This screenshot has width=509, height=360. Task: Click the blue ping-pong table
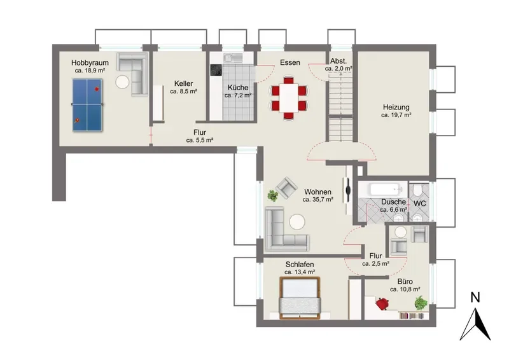[x=87, y=105]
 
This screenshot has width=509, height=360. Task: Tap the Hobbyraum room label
[x=90, y=63]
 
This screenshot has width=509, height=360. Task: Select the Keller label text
[x=183, y=83]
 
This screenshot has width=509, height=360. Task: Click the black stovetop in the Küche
[x=216, y=70]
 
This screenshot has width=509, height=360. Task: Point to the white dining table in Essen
[x=289, y=98]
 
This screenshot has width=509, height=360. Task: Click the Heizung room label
[x=396, y=107]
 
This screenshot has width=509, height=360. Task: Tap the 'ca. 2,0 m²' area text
[x=338, y=69]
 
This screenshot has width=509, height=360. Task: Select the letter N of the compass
[x=475, y=297]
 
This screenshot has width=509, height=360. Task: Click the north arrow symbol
[x=475, y=324]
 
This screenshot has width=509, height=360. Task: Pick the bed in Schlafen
[x=300, y=298]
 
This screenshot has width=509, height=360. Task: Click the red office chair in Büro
[x=383, y=304]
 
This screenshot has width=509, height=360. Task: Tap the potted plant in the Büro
[x=421, y=303]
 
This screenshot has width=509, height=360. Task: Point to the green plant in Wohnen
[x=273, y=196]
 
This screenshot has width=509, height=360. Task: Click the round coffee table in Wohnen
[x=297, y=223]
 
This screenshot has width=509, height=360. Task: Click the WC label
[x=419, y=204]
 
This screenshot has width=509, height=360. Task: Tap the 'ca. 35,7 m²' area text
[x=317, y=200]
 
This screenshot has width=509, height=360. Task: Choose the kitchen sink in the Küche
[x=233, y=57]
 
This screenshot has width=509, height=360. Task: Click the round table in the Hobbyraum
[x=122, y=82]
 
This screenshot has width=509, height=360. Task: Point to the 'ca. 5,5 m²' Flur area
[x=200, y=140]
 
